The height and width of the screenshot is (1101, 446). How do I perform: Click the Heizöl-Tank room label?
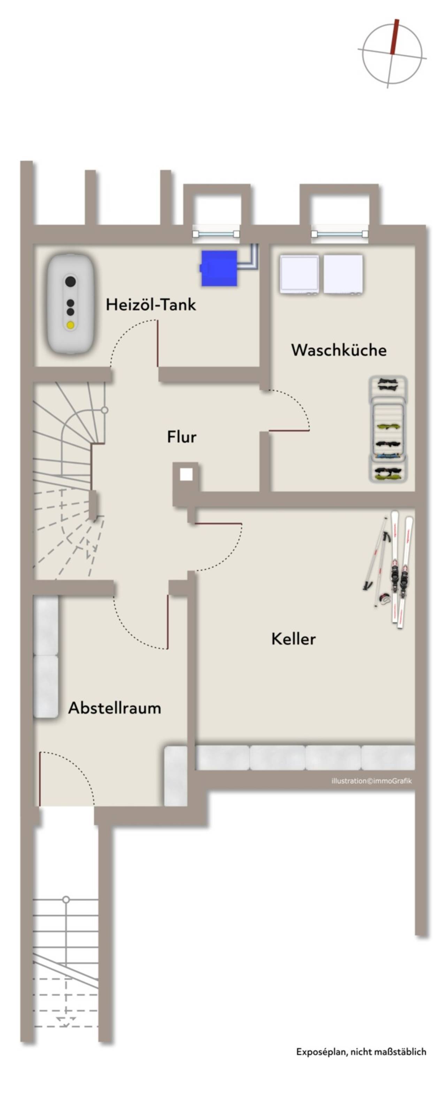tap(151, 304)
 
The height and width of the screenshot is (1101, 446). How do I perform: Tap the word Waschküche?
tap(339, 350)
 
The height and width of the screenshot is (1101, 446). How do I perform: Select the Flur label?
tap(182, 437)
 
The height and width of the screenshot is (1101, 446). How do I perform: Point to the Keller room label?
tap(293, 639)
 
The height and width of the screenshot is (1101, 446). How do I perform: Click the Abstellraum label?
tap(115, 708)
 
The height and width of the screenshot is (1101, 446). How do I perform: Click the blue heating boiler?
tap(219, 268)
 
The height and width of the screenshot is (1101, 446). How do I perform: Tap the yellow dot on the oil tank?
tap(70, 325)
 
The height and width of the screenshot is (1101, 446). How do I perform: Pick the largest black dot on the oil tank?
tap(70, 282)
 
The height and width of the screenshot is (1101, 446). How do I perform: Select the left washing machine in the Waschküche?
tap(299, 274)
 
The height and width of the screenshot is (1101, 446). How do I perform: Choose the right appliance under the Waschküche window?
tap(343, 274)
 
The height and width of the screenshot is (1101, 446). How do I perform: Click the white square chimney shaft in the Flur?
tap(186, 474)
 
